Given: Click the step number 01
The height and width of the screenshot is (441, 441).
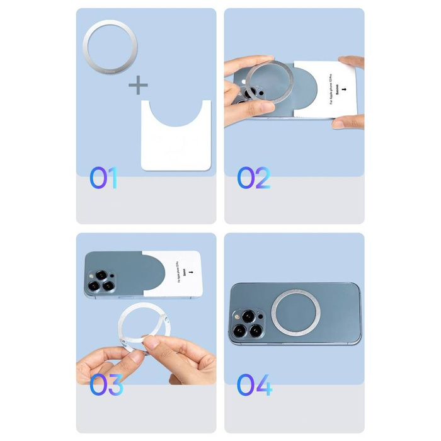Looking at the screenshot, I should (x=103, y=178).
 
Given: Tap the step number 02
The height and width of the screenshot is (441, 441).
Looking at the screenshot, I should (x=254, y=178).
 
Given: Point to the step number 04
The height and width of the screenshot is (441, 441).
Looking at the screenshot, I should (x=255, y=384).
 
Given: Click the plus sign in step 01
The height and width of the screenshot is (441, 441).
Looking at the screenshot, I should (x=139, y=85).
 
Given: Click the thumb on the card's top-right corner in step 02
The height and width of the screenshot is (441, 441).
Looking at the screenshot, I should (x=353, y=62).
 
